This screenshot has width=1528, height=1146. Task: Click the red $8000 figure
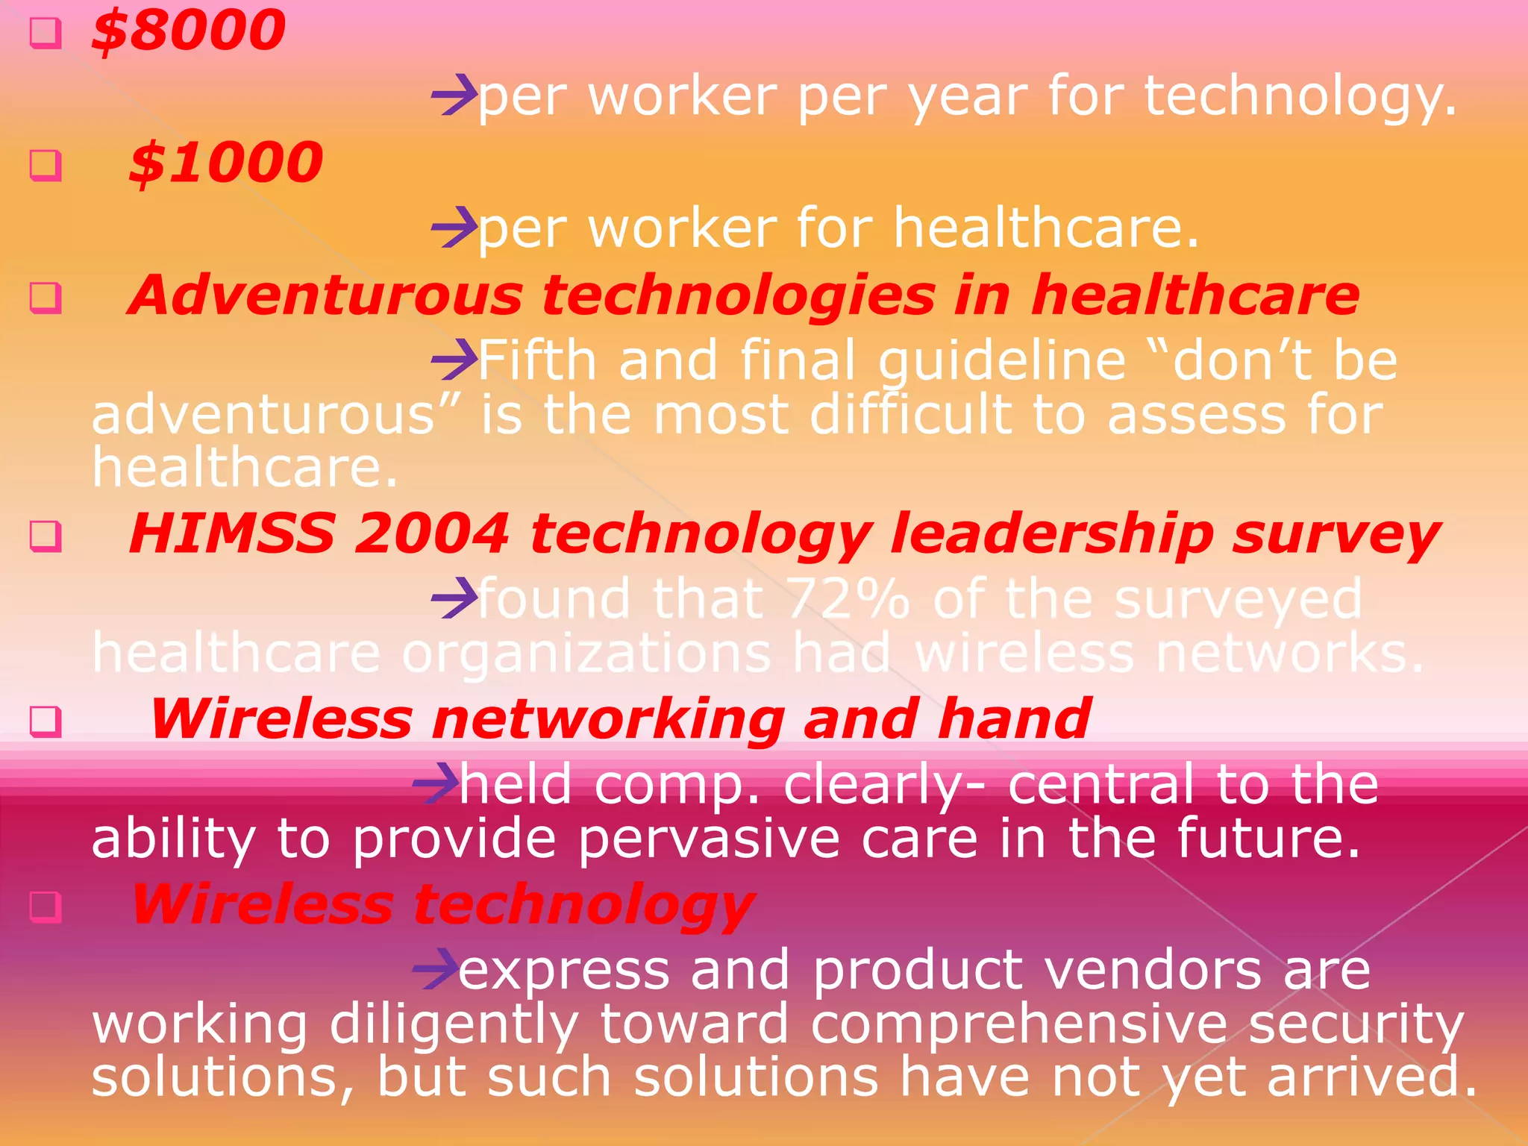[189, 31]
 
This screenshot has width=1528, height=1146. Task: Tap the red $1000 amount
[226, 163]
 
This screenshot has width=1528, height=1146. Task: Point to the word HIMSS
[232, 534]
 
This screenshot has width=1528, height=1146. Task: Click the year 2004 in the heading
[432, 534]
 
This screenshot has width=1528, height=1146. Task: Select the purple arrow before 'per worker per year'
[454, 95]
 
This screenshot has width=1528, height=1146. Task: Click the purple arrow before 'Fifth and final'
[454, 360]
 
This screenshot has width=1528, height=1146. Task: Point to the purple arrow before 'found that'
[454, 598]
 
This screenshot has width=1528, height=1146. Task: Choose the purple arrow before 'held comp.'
[436, 783]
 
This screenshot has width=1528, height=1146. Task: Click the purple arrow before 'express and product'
[436, 969]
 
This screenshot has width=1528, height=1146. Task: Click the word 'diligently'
[454, 1024]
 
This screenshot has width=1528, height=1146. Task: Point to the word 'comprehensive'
[1019, 1024]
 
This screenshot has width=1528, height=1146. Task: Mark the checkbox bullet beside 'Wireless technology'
[45, 906]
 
